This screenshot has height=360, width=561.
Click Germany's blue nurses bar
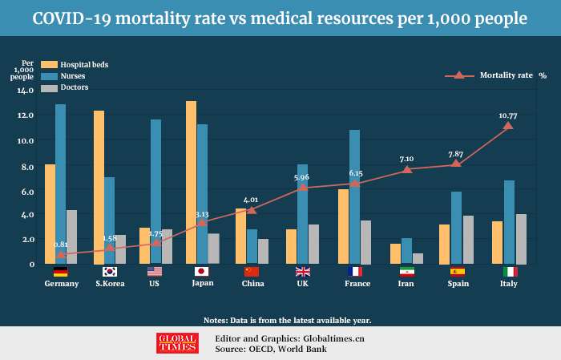coord(61,184)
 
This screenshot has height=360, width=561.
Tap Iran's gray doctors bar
coord(418,258)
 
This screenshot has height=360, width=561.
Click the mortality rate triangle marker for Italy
coord(507,126)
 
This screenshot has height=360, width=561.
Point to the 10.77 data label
coord(507,115)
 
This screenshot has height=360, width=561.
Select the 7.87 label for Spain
coord(456,154)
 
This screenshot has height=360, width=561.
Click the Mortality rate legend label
coord(506,75)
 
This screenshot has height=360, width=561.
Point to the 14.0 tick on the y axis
coord(26,90)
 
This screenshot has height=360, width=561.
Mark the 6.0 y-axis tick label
coord(26,191)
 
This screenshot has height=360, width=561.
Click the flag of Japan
coord(202,272)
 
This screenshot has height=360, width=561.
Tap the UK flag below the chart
coord(303,272)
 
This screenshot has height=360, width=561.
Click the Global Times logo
coord(176,342)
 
